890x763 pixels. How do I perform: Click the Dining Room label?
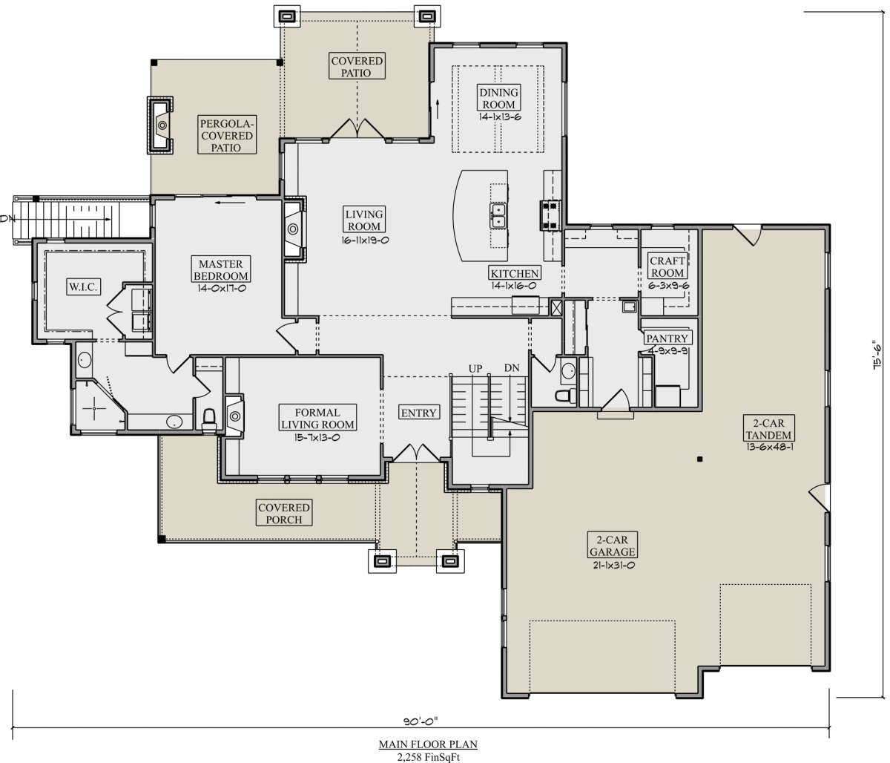pyautogui.click(x=498, y=98)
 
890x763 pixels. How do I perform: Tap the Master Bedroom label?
pyautogui.click(x=221, y=269)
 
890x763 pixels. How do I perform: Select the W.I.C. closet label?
pyautogui.click(x=84, y=286)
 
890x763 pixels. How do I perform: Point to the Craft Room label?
pyautogui.click(x=667, y=266)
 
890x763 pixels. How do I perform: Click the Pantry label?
pyautogui.click(x=667, y=338)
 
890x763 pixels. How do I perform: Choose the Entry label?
pyautogui.click(x=419, y=413)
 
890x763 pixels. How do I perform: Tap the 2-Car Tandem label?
pyautogui.click(x=768, y=429)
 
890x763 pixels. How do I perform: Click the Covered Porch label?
pyautogui.click(x=284, y=513)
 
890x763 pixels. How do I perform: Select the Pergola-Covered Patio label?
pyautogui.click(x=227, y=135)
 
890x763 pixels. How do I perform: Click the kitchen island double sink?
pyautogui.click(x=498, y=216)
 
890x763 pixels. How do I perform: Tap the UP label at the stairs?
pyautogui.click(x=475, y=369)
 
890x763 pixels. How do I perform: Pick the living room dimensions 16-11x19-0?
pyautogui.click(x=365, y=240)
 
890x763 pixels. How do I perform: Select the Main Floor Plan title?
pyautogui.click(x=428, y=744)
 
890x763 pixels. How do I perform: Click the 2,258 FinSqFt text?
pyautogui.click(x=429, y=757)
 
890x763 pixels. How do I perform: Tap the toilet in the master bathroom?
pyautogui.click(x=209, y=419)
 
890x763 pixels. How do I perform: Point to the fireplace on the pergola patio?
pyautogui.click(x=161, y=125)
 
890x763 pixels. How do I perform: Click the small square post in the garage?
pyautogui.click(x=700, y=459)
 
